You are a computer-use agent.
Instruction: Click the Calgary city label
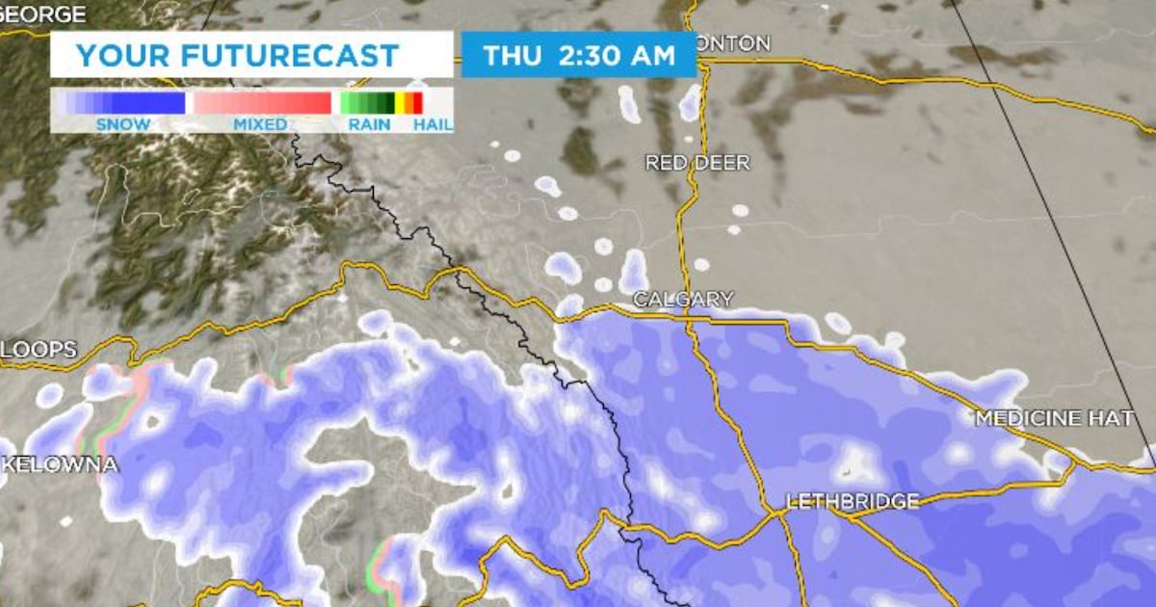683,300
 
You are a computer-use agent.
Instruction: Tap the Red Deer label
697,163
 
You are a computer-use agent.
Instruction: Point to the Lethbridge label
853,501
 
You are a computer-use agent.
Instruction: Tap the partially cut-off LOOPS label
38,351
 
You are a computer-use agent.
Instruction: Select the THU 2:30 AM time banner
579,55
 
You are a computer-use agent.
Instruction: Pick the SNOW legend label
123,124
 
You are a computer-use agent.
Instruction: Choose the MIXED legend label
260,124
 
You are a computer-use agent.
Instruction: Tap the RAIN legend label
370,124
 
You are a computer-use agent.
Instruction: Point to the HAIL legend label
433,124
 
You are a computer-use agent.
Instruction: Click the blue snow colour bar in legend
120,103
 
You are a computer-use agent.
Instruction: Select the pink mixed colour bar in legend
262,103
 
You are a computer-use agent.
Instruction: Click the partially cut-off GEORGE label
43,14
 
